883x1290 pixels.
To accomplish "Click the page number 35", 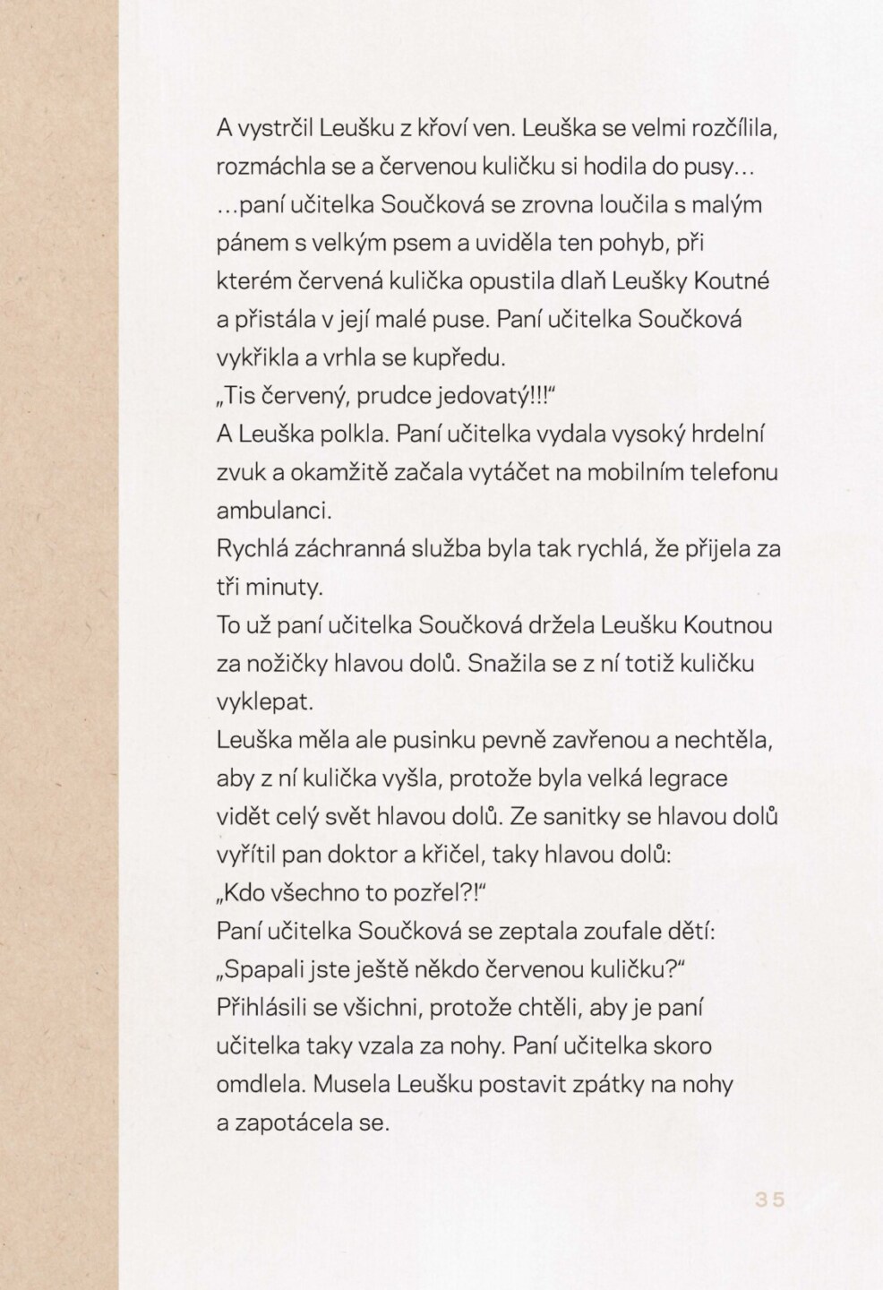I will click(x=769, y=1200).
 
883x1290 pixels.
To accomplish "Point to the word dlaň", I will click(x=611, y=281).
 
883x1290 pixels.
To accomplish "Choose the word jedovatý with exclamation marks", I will click(x=509, y=396).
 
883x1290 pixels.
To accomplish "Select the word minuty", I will click(x=286, y=588).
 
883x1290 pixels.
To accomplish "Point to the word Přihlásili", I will click(x=263, y=1008).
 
